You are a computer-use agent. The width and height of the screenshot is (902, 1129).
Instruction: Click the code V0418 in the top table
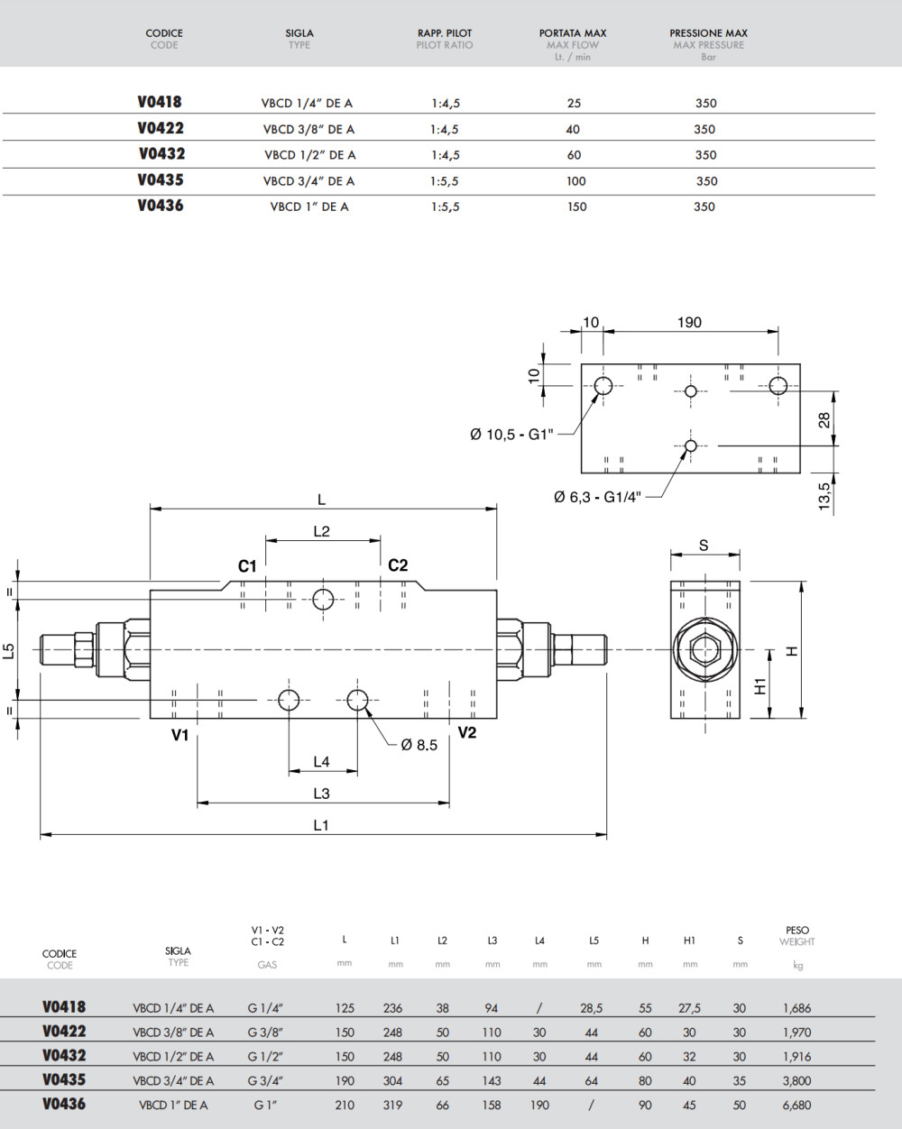coord(160,103)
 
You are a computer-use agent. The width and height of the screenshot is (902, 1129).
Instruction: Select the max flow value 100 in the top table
coord(576,181)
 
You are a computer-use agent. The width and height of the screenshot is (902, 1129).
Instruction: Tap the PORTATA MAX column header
coord(573,33)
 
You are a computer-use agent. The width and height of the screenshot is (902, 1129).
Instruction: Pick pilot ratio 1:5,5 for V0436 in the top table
coord(445,207)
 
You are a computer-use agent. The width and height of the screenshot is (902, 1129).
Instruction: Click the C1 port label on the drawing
coord(247,566)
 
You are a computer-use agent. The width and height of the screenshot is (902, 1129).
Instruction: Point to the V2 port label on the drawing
coord(466,732)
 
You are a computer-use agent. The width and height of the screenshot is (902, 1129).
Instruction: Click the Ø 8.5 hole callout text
coord(419,745)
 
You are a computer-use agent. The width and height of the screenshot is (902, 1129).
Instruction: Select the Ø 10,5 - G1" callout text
coord(511,435)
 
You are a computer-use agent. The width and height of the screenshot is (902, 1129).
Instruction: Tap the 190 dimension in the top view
coord(688,323)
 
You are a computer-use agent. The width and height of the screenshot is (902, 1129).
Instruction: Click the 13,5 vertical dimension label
coord(824,495)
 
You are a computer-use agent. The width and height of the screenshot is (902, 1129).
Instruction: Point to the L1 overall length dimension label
coord(321,825)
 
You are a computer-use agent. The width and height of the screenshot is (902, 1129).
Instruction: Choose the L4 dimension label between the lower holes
coord(321,762)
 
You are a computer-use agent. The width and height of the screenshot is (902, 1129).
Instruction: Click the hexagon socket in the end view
coord(704,650)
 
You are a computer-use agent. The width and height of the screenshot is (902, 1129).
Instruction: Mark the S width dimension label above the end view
coord(704,546)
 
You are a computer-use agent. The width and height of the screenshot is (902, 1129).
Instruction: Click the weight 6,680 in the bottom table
coord(796,1105)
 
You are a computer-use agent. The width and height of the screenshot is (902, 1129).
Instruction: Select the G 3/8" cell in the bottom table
coord(266,1033)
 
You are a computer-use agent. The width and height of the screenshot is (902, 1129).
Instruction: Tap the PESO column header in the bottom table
coord(797,930)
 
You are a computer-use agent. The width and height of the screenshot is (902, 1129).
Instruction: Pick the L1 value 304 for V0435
coord(393,1080)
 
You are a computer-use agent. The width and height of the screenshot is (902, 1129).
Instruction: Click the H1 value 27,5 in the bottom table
coord(689,1009)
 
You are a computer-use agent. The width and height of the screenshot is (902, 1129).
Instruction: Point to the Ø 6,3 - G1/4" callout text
coord(597,497)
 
